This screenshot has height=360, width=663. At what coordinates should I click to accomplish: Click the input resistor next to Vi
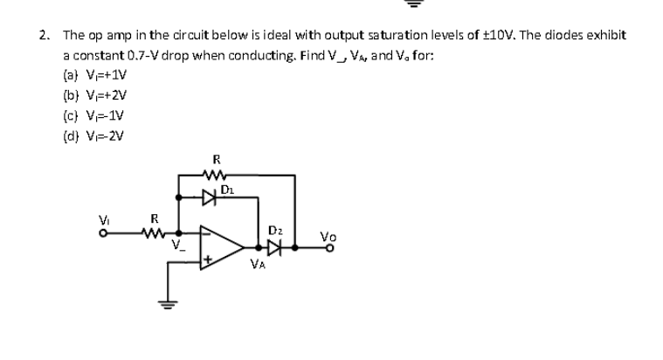point(155,232)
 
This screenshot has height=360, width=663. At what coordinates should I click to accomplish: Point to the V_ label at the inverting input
point(180,246)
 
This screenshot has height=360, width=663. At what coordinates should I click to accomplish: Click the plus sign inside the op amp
point(208,260)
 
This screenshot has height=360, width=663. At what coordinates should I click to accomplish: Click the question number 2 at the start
point(43,36)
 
